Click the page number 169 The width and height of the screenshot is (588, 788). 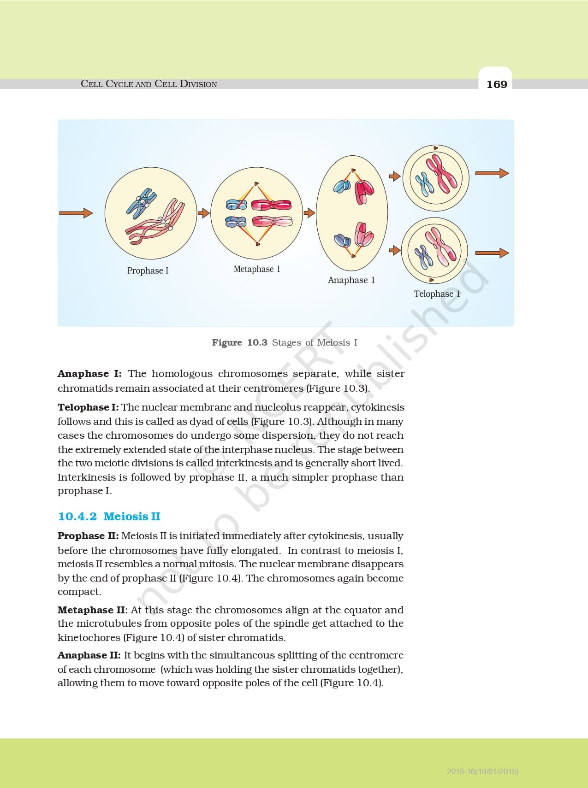[x=497, y=84]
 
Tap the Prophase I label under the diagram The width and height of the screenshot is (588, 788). [x=148, y=271]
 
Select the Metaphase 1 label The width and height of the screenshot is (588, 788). [x=257, y=269]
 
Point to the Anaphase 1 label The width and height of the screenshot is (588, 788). [x=351, y=280]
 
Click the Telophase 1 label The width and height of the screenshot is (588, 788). [x=437, y=294]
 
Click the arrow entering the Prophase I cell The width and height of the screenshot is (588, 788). [x=76, y=213]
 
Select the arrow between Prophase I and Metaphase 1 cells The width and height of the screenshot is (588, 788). [x=204, y=213]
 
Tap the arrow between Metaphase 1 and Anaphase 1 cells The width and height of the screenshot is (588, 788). [x=309, y=213]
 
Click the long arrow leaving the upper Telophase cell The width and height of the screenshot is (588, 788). [x=492, y=173]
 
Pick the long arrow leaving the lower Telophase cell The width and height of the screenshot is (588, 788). [x=492, y=253]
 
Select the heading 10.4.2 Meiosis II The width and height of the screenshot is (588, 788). [x=109, y=516]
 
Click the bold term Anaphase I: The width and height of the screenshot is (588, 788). [x=89, y=374]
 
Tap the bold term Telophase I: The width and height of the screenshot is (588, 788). [x=88, y=407]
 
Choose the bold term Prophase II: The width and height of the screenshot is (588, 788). [x=88, y=536]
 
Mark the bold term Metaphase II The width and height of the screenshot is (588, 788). [x=91, y=610]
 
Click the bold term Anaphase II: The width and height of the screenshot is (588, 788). [x=89, y=655]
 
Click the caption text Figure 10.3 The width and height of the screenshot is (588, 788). [x=240, y=342]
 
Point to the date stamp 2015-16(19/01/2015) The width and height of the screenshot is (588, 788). [x=483, y=771]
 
